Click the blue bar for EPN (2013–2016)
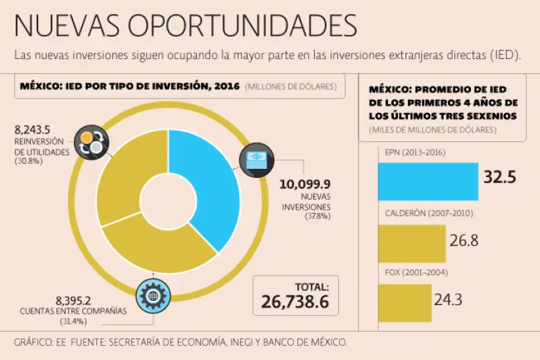tap(428, 181)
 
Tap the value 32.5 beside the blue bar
tap(499, 177)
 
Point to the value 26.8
tap(464, 240)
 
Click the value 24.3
tap(448, 300)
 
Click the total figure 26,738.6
tap(295, 302)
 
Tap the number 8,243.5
tap(32, 130)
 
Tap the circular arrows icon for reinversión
tap(92, 143)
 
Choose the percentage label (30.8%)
tap(29, 161)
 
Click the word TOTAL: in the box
tap(311, 287)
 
